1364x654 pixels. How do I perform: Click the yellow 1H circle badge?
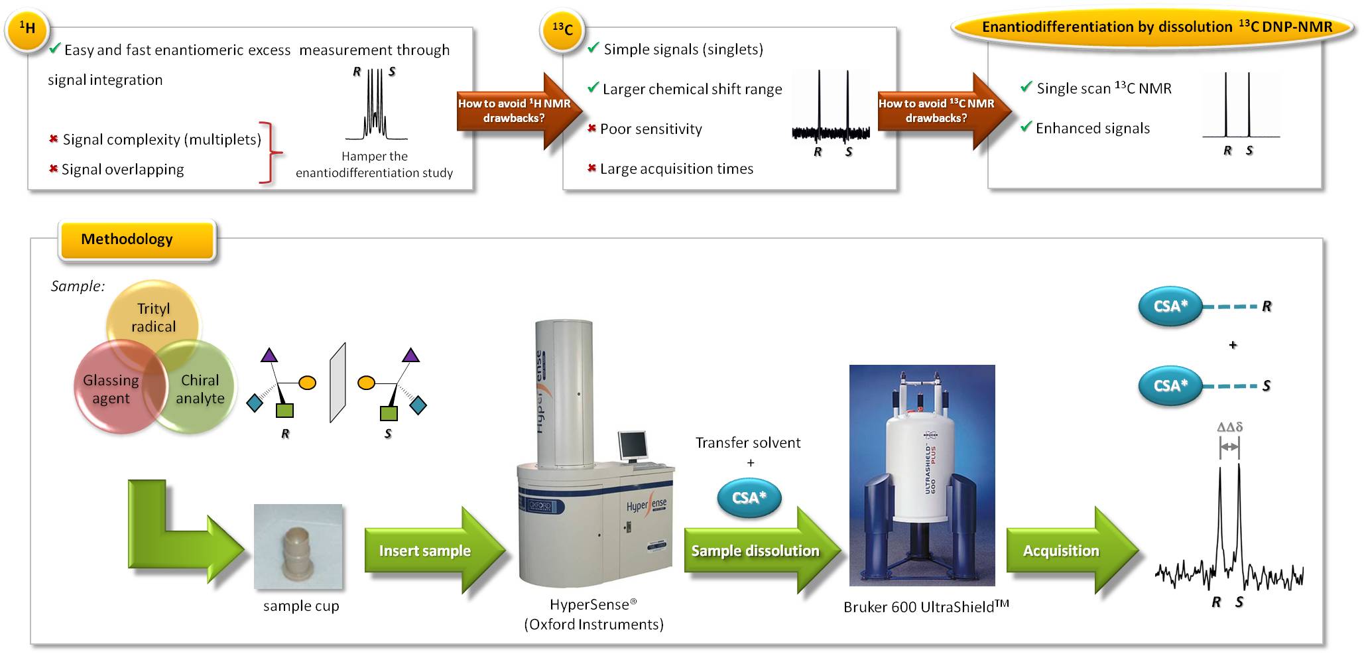pyautogui.click(x=27, y=29)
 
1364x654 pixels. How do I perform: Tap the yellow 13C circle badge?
pyautogui.click(x=562, y=29)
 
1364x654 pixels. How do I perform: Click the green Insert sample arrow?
pyautogui.click(x=434, y=551)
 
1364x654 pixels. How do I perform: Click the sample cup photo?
pyautogui.click(x=298, y=547)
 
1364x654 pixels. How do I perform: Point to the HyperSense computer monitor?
pyautogui.click(x=633, y=446)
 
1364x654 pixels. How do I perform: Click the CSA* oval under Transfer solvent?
pyautogui.click(x=749, y=497)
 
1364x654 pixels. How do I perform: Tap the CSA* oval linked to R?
pyautogui.click(x=1170, y=306)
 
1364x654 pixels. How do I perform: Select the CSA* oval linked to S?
pyautogui.click(x=1170, y=385)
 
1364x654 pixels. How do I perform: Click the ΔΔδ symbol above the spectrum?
pyautogui.click(x=1229, y=427)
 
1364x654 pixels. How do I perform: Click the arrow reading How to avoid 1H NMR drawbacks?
pyautogui.click(x=519, y=111)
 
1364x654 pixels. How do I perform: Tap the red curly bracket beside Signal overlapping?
pyautogui.click(x=271, y=153)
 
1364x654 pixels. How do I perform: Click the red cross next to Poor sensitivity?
pyautogui.click(x=591, y=128)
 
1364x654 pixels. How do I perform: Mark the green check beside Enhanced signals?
pyautogui.click(x=1026, y=126)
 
